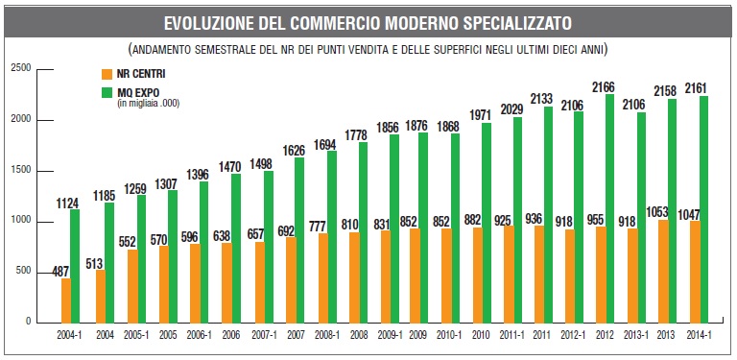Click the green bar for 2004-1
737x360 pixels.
coord(75,267)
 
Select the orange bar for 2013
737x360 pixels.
coord(663,272)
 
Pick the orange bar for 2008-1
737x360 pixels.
coord(322,278)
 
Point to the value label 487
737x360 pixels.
coord(60,272)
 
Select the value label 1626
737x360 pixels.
coord(294,151)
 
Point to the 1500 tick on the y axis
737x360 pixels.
coord(21,171)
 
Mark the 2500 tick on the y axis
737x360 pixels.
coord(21,68)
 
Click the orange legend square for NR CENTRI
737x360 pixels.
coord(107,74)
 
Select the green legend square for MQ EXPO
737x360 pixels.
coord(107,92)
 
